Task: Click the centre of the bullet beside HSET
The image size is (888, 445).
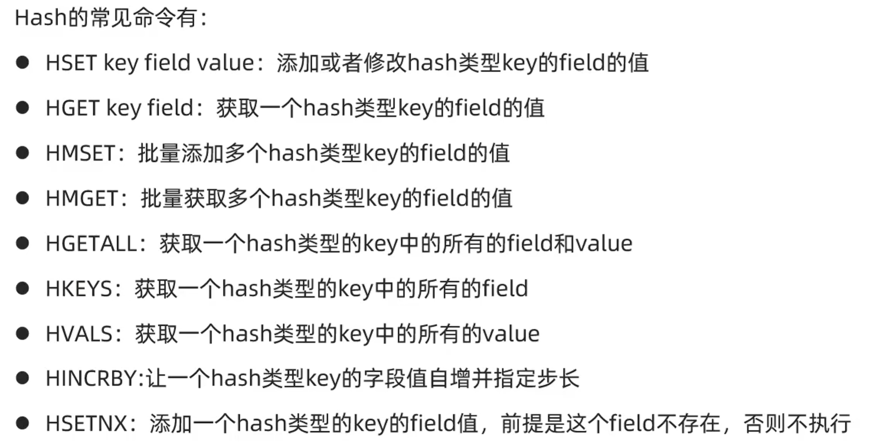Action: [22, 62]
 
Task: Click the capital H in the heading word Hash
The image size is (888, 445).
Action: [21, 18]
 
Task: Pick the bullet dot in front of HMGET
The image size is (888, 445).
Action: [22, 197]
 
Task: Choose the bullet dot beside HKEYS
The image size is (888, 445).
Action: [22, 288]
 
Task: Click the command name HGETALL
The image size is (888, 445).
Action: [91, 243]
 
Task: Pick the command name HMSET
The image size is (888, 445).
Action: [80, 153]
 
